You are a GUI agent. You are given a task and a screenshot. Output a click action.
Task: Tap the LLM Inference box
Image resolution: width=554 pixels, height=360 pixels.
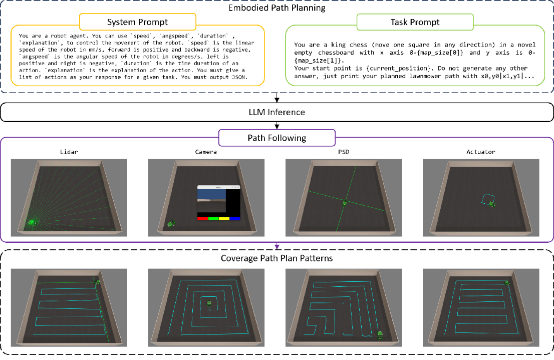(277, 112)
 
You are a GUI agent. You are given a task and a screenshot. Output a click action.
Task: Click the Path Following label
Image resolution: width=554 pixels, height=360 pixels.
(277, 137)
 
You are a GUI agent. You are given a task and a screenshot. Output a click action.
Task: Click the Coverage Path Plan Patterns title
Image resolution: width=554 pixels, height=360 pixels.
(277, 258)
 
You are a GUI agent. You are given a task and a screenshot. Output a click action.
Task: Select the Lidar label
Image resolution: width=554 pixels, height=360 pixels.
(69, 152)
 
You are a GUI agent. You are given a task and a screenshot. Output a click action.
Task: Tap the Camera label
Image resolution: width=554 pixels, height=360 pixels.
(206, 152)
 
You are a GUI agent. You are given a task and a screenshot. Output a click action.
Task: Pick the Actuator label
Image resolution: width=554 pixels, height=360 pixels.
(480, 152)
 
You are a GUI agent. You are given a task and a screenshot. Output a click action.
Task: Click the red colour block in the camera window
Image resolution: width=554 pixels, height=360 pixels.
(202, 218)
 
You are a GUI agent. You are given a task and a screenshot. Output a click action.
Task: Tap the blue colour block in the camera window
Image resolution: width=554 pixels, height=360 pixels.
(235, 218)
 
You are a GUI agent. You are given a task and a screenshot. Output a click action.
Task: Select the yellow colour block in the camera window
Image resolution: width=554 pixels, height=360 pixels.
(224, 218)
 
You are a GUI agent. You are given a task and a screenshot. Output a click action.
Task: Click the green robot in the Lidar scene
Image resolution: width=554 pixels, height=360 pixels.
(33, 222)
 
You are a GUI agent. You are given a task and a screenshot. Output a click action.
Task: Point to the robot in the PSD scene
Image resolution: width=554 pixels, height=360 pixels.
(345, 203)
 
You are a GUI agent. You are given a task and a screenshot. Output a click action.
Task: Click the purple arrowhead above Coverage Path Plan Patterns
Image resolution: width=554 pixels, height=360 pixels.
(277, 246)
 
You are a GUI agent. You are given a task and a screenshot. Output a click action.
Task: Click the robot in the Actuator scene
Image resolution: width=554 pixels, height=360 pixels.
(493, 204)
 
